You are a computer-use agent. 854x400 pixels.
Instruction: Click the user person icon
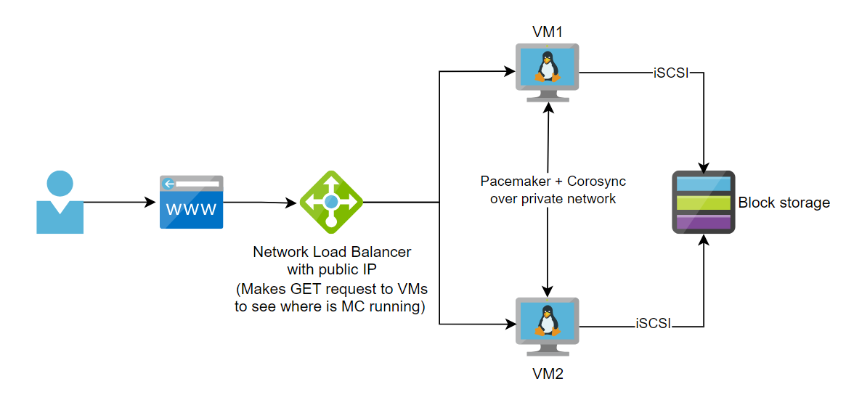tap(60, 203)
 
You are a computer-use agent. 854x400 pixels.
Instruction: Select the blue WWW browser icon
tap(192, 202)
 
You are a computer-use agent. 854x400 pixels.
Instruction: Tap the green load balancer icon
tap(331, 202)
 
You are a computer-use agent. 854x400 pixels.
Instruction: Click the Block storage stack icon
tap(703, 203)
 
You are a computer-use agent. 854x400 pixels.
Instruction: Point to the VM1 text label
tap(548, 31)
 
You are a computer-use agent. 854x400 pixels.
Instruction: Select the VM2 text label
tap(548, 375)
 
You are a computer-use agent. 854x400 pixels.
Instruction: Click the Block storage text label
tap(784, 203)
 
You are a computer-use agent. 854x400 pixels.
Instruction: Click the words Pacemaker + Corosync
tap(553, 181)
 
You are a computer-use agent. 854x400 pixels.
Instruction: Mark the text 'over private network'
tap(553, 198)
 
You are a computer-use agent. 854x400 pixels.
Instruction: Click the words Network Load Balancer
tap(332, 252)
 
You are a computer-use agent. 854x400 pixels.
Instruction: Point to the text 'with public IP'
tap(332, 270)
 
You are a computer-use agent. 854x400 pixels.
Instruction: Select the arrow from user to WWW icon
tap(120, 202)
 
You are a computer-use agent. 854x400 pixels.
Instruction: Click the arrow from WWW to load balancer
tap(261, 202)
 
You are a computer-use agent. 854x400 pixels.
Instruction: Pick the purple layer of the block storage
tap(703, 221)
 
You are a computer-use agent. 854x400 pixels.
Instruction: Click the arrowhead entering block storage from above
tap(703, 164)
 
